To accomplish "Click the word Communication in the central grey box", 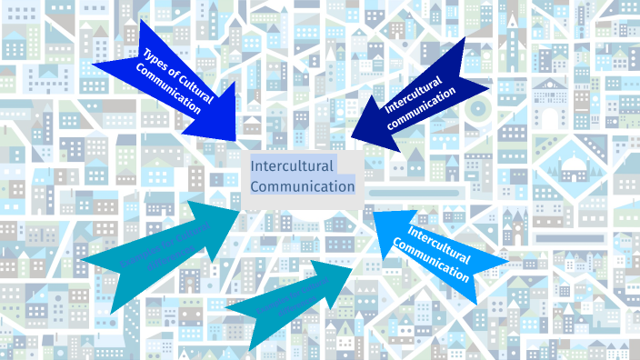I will coord(303,187).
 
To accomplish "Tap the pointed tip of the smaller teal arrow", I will coord(354,265).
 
